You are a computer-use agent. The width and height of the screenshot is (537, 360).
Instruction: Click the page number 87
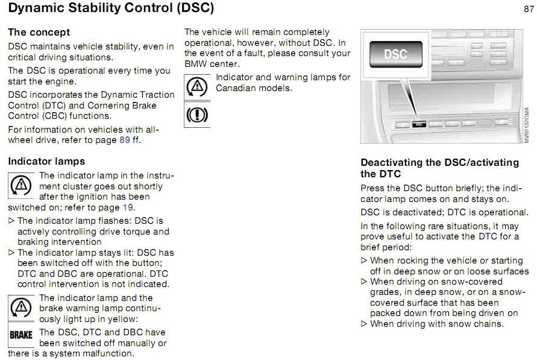coord(529,9)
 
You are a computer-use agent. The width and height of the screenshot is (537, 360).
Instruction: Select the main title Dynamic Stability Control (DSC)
coord(111,8)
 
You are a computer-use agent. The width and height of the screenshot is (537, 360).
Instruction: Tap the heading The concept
coord(39,32)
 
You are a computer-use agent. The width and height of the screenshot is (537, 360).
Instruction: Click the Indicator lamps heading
coord(46,162)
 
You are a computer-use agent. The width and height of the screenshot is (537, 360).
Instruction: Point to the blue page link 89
coord(125,140)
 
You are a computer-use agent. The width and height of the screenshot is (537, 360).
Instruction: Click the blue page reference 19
coord(128,207)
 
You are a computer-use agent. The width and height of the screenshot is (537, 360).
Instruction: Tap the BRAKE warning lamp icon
coord(21,335)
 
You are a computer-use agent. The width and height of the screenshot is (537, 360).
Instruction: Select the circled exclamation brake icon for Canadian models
coord(197,115)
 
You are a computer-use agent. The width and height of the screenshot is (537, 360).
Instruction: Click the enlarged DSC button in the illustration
coord(396,54)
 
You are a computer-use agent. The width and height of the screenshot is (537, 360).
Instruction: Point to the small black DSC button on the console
coord(419,124)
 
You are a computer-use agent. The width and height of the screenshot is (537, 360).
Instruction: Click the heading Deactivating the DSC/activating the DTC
coord(440,168)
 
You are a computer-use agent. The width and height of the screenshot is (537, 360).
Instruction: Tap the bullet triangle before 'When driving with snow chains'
coord(363,324)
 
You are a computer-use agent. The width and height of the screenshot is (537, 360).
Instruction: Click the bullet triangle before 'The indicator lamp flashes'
coord(11,221)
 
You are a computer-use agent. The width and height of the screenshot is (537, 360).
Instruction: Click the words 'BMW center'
coord(211,64)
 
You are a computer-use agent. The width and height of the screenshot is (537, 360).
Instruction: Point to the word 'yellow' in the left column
coord(121,319)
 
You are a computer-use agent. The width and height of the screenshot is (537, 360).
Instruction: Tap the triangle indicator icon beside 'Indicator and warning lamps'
coord(197,87)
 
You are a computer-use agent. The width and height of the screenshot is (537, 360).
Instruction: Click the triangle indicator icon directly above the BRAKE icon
coord(21,308)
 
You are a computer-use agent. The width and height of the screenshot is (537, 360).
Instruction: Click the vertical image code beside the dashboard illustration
coord(527,125)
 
